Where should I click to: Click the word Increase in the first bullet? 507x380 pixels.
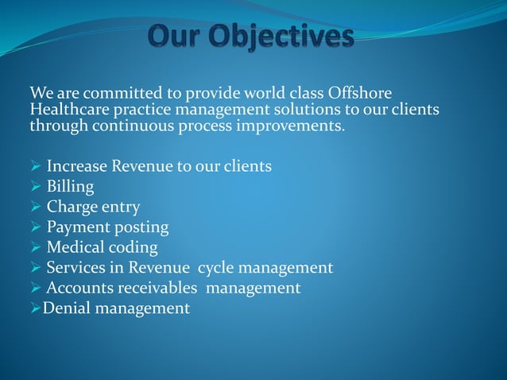click(76, 166)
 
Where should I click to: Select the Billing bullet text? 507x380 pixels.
click(70, 187)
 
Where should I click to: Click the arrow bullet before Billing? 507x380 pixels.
click(36, 187)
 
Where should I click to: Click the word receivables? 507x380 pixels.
click(157, 288)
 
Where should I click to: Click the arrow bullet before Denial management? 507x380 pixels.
click(35, 308)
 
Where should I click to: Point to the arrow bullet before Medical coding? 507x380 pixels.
click(36, 247)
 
